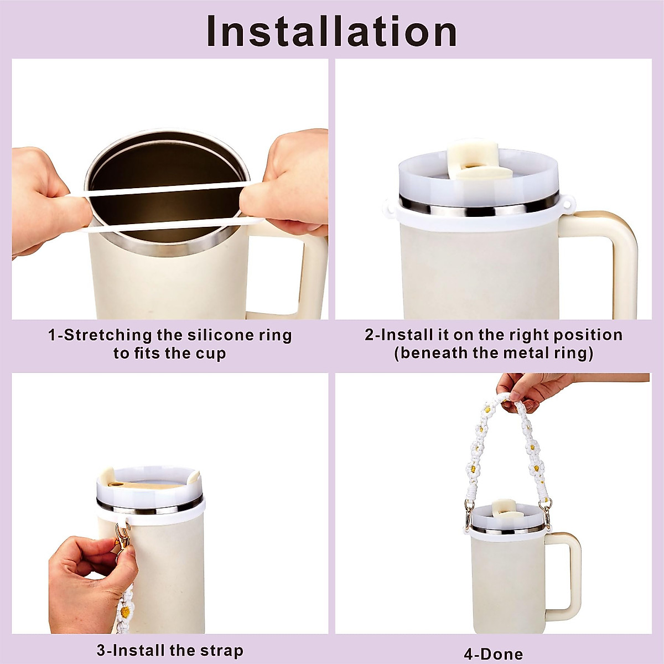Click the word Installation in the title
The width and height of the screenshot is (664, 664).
click(x=332, y=32)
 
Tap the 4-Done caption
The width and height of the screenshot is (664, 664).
click(x=493, y=654)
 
